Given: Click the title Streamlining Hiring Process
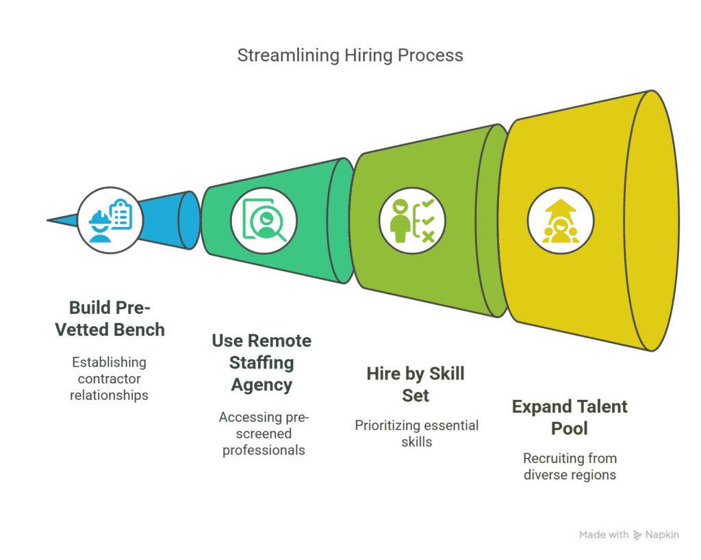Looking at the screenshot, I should point(350,55).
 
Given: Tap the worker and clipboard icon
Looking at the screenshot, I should point(110,220).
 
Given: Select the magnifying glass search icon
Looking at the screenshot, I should point(264,220).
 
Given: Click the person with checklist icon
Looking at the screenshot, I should point(412,220).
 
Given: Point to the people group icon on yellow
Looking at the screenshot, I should point(561,220).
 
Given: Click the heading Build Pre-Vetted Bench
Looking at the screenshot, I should point(110,318).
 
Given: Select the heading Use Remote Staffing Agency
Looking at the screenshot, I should point(262,362).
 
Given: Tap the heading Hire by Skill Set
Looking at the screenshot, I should point(416,384).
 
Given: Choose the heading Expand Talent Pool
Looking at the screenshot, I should point(570,417).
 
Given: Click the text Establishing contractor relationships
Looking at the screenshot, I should point(110,378).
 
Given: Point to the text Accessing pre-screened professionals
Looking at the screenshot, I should point(264,434).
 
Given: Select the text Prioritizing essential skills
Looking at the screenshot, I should point(416,434).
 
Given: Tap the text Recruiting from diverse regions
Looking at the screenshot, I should point(570,466).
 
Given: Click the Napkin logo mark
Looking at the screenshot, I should point(637,535).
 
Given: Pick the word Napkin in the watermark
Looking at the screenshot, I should point(662,535).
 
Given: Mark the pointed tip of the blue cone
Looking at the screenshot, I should point(49,220).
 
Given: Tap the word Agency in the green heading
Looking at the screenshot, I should point(262,385).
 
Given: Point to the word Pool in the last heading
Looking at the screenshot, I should point(570,429).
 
